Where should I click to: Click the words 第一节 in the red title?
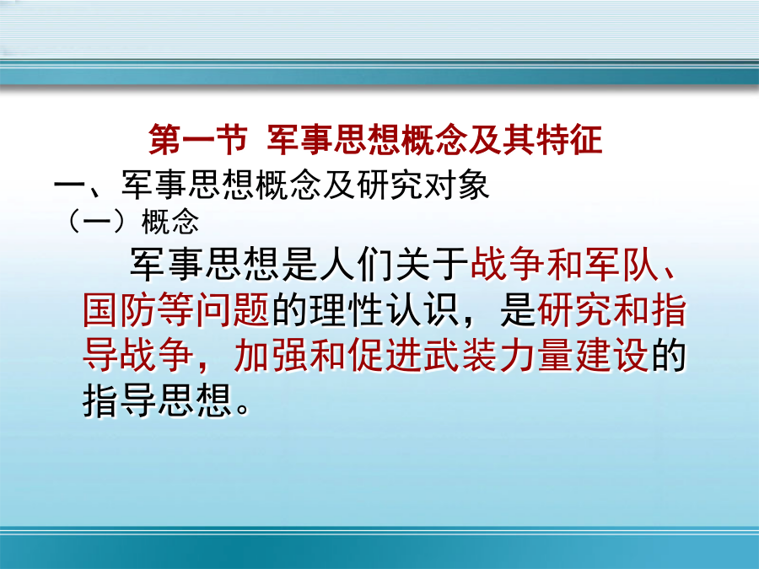coord(198,140)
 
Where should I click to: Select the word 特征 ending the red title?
coord(570,140)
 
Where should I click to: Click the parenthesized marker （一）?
coord(100,222)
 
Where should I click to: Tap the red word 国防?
coord(120,309)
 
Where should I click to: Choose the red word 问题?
coord(234,309)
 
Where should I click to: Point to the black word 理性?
coord(347,309)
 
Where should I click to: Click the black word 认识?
coord(423,309)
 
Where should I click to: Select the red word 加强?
coord(272,355)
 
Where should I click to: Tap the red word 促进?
coord(385,355)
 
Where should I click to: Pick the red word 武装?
coord(460,355)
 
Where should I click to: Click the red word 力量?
coord(536,355)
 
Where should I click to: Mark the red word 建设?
coord(611,355)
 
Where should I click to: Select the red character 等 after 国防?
coord(177,309)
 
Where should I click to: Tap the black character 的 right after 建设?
coord(669,355)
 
